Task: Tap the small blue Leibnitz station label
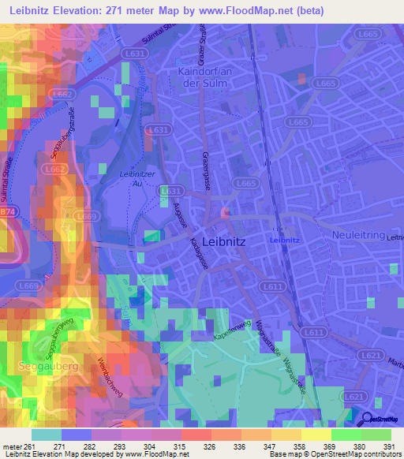[284, 239]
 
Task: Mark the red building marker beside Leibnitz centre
[226, 214]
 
